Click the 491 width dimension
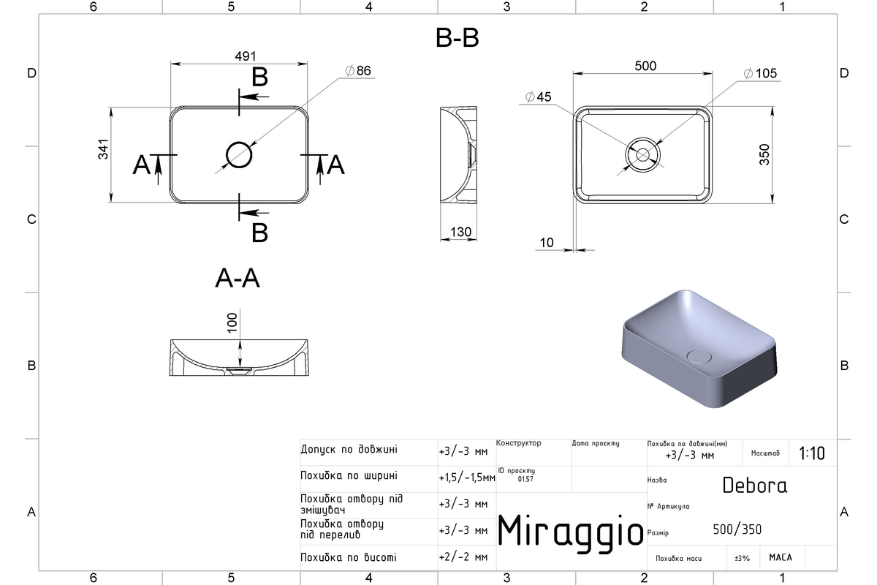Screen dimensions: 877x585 click(246, 56)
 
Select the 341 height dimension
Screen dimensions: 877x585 click(103, 149)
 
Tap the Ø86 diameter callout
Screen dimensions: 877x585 click(358, 70)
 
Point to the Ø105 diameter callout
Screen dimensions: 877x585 click(760, 73)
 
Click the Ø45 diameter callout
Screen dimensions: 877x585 click(538, 97)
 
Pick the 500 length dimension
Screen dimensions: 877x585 click(645, 66)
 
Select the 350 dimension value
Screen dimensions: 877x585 click(764, 154)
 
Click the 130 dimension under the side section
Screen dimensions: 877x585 click(460, 232)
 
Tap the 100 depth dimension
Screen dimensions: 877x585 click(232, 322)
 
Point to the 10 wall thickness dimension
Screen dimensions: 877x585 click(547, 243)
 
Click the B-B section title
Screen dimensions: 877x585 click(457, 38)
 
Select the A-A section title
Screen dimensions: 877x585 click(238, 278)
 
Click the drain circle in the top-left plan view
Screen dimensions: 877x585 click(239, 155)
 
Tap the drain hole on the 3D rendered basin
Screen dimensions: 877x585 click(699, 356)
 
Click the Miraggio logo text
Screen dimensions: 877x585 click(570, 532)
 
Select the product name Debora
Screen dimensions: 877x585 click(754, 486)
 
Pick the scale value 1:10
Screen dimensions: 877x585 click(812, 453)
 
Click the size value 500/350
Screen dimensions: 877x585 click(737, 529)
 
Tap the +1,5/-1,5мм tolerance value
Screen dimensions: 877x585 click(467, 478)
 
